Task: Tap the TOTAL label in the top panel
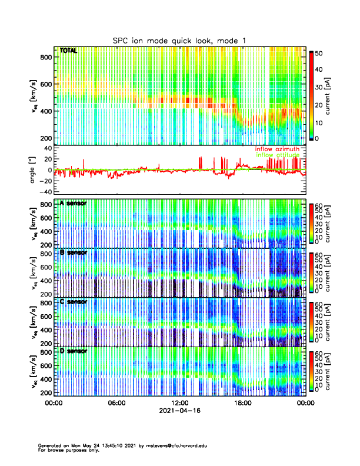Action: click(68, 51)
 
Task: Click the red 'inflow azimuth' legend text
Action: click(278, 149)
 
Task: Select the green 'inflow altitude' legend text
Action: click(278, 155)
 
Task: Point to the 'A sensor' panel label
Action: click(73, 204)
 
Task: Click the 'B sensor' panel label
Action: click(73, 252)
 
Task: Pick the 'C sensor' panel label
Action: click(73, 302)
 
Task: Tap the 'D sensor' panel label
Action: click(73, 351)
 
